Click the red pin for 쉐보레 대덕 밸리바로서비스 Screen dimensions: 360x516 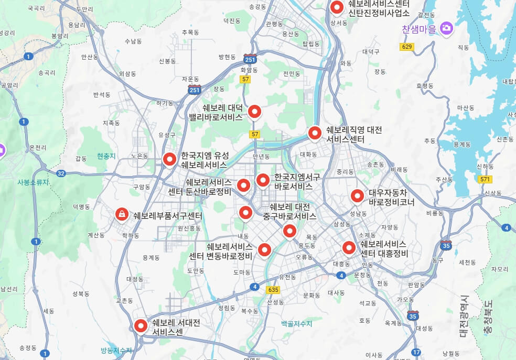click(254, 111)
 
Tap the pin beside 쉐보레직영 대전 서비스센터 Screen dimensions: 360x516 click(315, 133)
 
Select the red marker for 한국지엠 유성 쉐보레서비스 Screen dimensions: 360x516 click(169, 158)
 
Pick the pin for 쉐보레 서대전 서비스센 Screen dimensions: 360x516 click(141, 325)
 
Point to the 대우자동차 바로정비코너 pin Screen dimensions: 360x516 click(357, 196)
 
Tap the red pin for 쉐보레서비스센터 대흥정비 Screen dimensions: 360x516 click(349, 247)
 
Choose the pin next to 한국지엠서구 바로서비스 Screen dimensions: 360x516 click(263, 180)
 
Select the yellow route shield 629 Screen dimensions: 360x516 click(406, 47)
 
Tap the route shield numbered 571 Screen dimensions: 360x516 click(485, 180)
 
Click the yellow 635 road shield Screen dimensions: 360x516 click(273, 290)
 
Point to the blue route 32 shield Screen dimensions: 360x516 click(61, 173)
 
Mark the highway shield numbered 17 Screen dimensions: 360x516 click(416, 352)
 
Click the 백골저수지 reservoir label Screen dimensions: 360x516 click(296, 324)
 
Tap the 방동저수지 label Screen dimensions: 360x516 click(116, 351)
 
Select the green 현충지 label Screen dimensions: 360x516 click(106, 156)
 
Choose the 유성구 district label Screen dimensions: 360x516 click(167, 135)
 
